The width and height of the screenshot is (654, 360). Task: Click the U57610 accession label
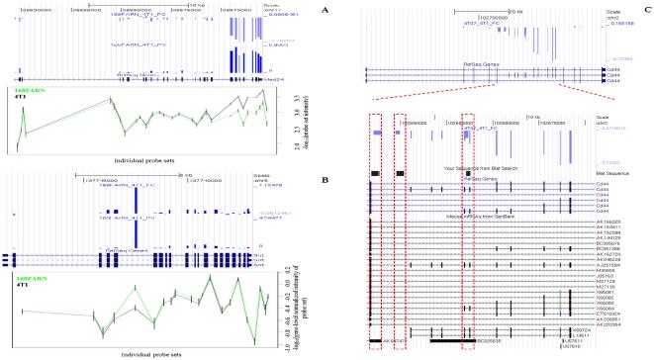(x=571, y=347)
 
